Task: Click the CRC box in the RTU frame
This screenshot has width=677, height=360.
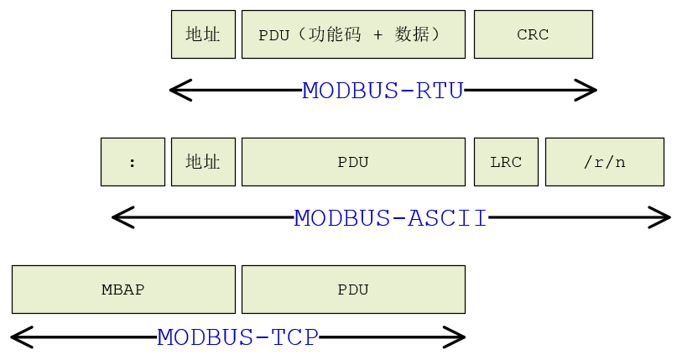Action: pos(533,34)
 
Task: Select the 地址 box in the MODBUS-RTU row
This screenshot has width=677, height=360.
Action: pos(203,34)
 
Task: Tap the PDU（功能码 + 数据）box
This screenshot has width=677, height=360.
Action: pos(353,34)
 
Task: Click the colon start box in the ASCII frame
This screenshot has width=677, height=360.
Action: pos(133,162)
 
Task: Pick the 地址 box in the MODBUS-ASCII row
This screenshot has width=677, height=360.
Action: pos(203,162)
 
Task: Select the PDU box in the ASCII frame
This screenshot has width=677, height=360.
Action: pos(353,162)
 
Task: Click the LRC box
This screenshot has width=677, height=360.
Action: pos(506,162)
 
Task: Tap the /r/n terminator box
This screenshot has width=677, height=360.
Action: pos(604,162)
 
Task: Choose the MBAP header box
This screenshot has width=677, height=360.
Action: pos(123,290)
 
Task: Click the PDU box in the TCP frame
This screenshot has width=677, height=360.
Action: pos(353,290)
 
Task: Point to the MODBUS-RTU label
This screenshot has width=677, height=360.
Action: pos(383,91)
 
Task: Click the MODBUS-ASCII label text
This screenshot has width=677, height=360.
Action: pos(390,218)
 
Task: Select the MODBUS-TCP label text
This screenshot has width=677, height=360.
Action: pos(237,337)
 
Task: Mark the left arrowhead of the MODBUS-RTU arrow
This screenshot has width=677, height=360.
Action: pos(177,90)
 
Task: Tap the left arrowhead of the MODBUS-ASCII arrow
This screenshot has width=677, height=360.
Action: pos(120,217)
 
